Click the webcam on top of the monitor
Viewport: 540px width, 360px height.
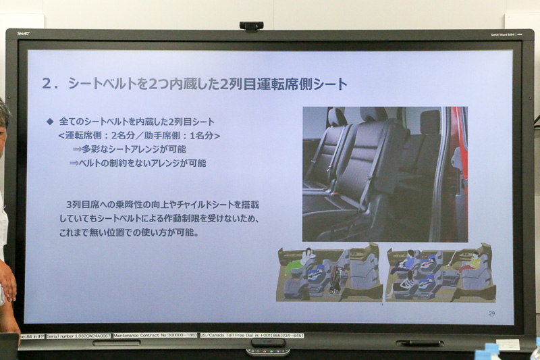251,26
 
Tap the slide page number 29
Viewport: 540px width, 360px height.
491,313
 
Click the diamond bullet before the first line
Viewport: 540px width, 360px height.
49,122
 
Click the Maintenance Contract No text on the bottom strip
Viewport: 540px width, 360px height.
155,336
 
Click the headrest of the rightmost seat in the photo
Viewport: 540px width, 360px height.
430,122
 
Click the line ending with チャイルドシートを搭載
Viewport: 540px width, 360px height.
162,204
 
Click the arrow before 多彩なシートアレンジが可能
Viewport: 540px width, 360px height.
76,149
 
